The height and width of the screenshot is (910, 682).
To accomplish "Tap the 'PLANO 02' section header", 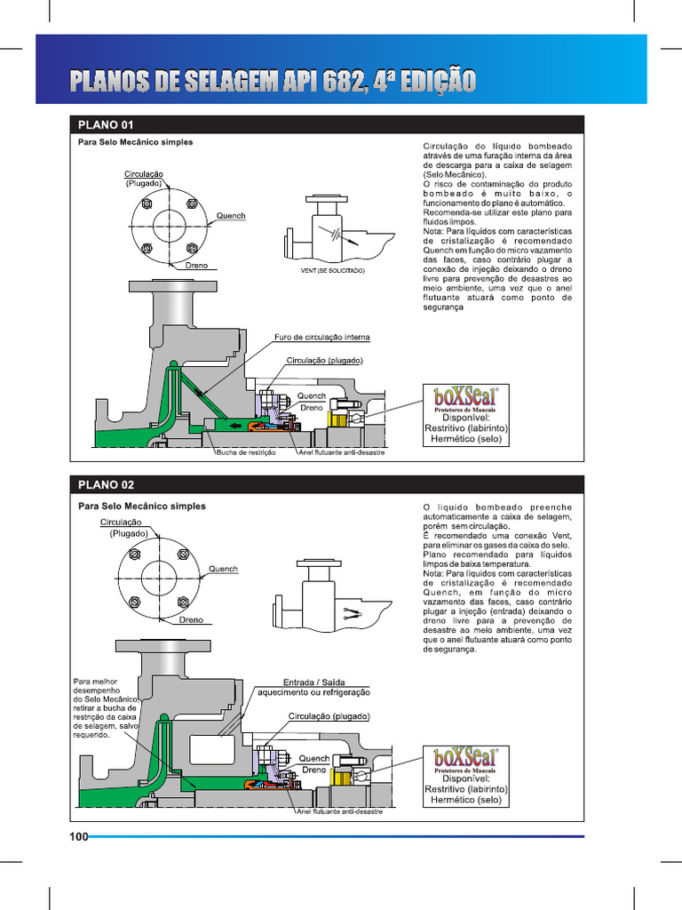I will (106, 485).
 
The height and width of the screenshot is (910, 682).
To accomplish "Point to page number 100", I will (78, 836).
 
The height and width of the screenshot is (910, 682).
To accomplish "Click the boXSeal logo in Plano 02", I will (466, 760).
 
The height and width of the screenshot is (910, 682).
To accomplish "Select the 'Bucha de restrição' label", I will (246, 452).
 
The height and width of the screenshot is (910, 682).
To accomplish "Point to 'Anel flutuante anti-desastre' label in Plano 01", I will (340, 452).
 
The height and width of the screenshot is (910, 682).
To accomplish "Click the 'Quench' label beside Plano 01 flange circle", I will (231, 216).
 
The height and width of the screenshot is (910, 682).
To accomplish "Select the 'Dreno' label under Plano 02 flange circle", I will (191, 619).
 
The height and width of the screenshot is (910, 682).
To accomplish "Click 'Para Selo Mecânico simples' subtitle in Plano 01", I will (135, 142).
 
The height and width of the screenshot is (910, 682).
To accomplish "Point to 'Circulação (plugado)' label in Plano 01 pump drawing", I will (324, 361).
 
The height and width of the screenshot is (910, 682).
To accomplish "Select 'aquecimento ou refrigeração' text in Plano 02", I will (313, 691).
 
